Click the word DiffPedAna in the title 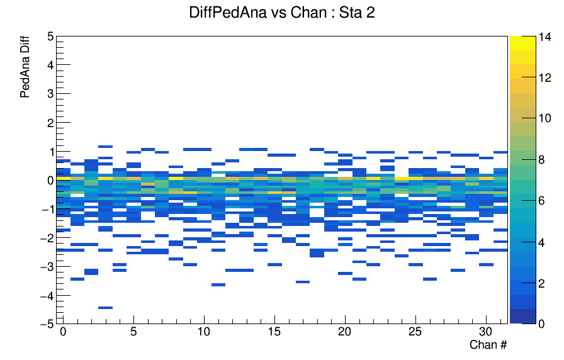(228, 13)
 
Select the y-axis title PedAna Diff (25, 67)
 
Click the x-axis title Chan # (488, 344)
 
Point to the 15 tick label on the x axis (274, 332)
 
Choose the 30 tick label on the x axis (486, 332)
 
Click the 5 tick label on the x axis (133, 332)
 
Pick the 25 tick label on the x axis (415, 332)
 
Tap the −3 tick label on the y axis (47, 267)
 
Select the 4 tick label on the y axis (50, 65)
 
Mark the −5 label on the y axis (47, 323)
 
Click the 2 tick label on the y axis (50, 123)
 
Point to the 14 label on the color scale (544, 37)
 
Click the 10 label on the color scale (544, 118)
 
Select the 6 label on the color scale (541, 201)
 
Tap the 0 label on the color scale (541, 323)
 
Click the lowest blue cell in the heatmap (105, 308)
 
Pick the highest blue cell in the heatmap (105, 147)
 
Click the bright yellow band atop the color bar (522, 43)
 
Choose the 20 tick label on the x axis (344, 332)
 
